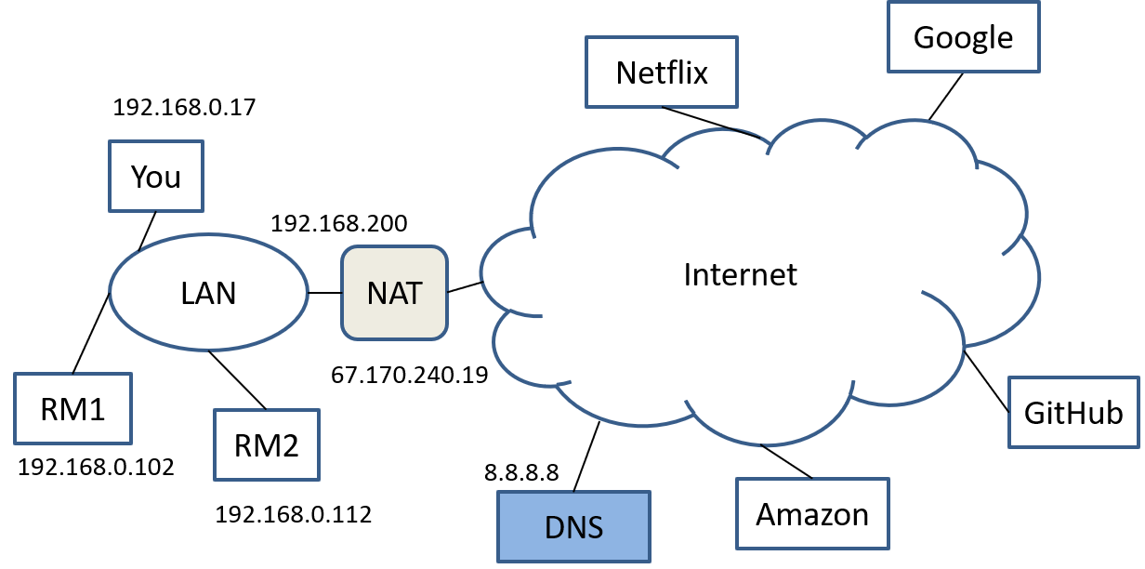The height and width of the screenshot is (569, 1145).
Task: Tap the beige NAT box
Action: tap(394, 293)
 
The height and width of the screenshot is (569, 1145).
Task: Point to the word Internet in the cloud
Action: tap(740, 274)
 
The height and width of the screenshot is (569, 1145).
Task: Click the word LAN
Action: tap(208, 294)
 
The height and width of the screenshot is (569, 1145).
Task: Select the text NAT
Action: tap(394, 293)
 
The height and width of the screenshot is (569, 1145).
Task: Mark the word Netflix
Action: tap(662, 73)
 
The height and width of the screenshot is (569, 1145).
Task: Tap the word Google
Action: tap(963, 38)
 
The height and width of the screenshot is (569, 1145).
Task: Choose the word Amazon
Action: tap(812, 514)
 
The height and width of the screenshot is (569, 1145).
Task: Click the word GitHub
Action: tap(1073, 413)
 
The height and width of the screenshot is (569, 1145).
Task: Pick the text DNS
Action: tap(573, 528)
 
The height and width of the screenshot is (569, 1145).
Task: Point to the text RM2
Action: tap(267, 446)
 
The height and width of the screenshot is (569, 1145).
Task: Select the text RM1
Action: tap(72, 409)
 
